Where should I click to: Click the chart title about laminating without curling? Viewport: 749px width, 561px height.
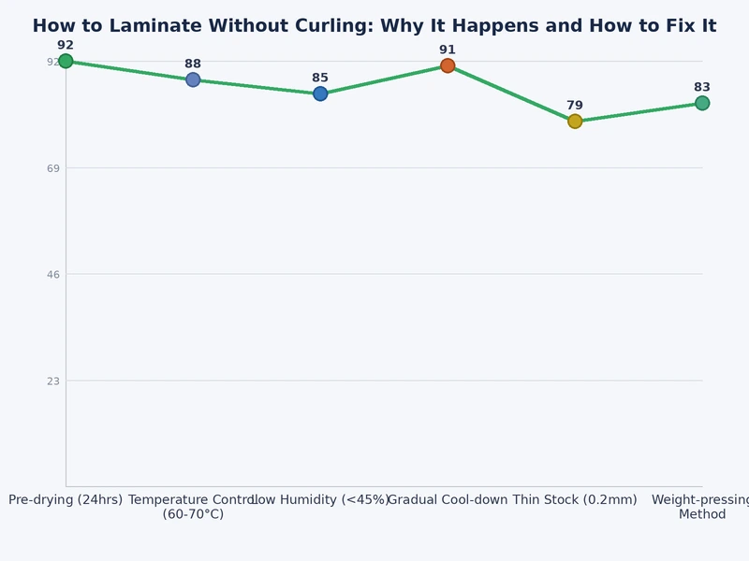coord(374,26)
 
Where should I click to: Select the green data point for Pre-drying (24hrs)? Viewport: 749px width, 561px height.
coord(66,61)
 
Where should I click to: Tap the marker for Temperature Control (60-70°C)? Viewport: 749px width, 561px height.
coord(193,79)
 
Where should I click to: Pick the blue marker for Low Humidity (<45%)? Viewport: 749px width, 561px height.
coord(320,93)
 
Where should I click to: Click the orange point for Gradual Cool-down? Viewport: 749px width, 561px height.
coord(448,65)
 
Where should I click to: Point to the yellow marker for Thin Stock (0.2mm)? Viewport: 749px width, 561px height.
coord(575,122)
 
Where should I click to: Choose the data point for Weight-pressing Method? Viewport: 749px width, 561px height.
coord(702,103)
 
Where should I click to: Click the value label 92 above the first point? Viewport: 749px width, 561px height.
coord(66,45)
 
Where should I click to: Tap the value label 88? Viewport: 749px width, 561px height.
coord(193,64)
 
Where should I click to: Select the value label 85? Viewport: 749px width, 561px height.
coord(320,78)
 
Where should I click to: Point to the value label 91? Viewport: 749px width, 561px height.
coord(448,50)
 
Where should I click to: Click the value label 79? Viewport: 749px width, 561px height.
coord(575,106)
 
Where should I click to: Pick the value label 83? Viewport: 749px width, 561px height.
coord(702,87)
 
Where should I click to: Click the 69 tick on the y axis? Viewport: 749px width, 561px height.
coord(53,168)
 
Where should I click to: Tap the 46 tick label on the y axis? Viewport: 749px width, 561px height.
coord(53,274)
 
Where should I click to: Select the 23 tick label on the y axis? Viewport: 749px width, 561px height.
coord(53,381)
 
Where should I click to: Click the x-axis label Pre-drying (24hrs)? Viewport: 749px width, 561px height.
coord(66,500)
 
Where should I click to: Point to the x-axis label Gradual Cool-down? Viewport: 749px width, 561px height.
coord(448,500)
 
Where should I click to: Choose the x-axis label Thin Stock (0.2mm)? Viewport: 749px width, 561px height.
coord(575,500)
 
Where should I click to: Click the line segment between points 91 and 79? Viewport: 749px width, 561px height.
coord(511,93)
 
